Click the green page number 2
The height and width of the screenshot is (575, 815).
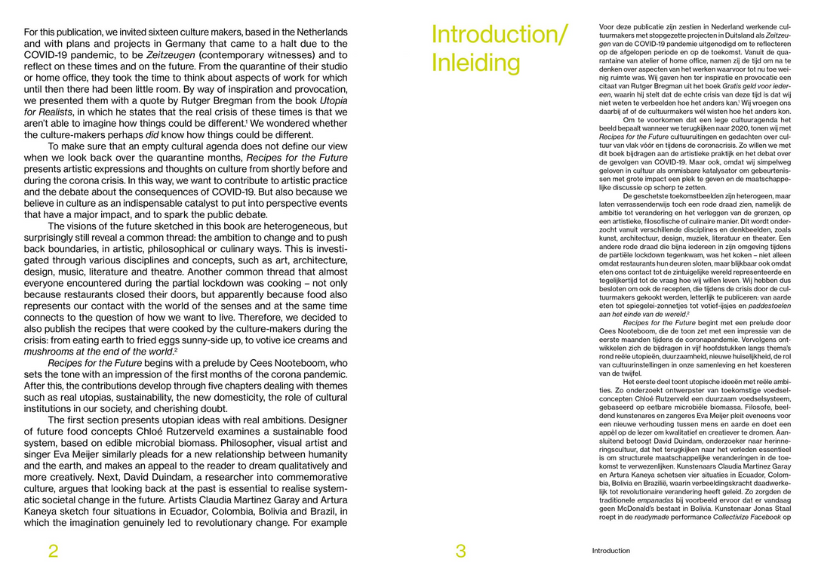(53, 552)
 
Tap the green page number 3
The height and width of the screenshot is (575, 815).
(460, 552)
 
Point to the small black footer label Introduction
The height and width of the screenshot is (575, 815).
(610, 551)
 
